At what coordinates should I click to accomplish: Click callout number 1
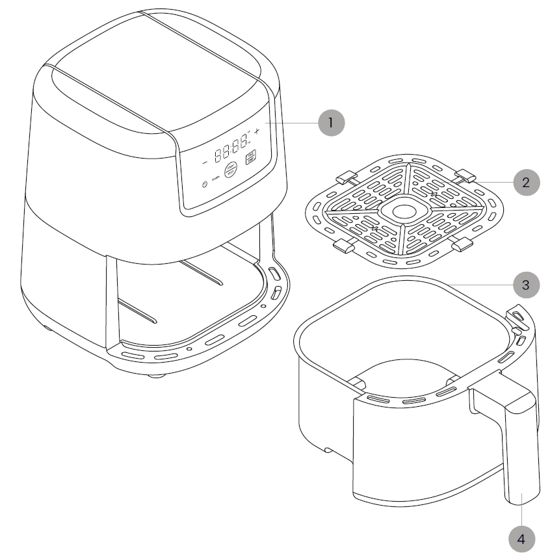click(x=331, y=122)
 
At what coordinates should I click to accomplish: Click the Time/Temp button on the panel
click(x=250, y=157)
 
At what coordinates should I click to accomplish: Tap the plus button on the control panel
click(x=256, y=132)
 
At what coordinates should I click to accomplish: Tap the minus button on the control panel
click(x=204, y=161)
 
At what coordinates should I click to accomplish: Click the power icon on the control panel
click(x=205, y=185)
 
